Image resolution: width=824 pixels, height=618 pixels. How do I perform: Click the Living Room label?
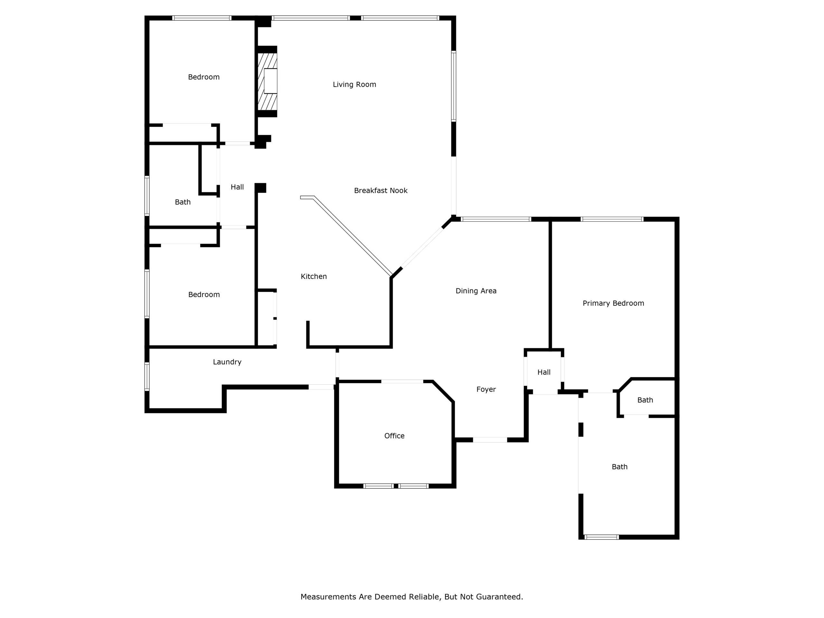click(x=354, y=85)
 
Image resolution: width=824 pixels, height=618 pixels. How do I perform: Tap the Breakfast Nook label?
click(x=381, y=191)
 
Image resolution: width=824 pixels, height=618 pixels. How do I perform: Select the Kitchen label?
click(x=314, y=276)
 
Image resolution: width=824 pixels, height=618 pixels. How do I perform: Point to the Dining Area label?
click(x=476, y=291)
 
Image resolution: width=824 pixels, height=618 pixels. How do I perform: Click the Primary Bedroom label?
click(x=613, y=303)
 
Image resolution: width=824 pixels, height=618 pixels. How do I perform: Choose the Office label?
click(x=394, y=436)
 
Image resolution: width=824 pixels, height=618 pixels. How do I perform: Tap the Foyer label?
click(x=486, y=389)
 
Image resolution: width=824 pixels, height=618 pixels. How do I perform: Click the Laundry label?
click(x=227, y=362)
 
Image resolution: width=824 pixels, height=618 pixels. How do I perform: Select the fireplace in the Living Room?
click(x=267, y=81)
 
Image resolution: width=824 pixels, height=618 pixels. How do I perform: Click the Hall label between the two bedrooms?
click(x=237, y=187)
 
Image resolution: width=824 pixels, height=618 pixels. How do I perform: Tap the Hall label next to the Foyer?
click(x=544, y=372)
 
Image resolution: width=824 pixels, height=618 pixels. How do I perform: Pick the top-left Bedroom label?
click(x=204, y=77)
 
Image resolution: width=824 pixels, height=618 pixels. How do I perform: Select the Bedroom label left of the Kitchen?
click(x=204, y=295)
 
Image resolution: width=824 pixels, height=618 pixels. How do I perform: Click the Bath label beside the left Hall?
click(x=183, y=202)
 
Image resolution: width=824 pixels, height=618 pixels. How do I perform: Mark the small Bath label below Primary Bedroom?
click(x=645, y=400)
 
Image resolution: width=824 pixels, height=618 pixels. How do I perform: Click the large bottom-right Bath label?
click(x=620, y=467)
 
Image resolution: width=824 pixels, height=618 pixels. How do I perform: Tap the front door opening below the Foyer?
click(x=490, y=440)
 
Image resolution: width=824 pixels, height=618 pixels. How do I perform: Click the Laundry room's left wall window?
click(x=147, y=376)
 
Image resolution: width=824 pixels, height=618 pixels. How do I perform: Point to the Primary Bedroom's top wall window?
click(x=612, y=219)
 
